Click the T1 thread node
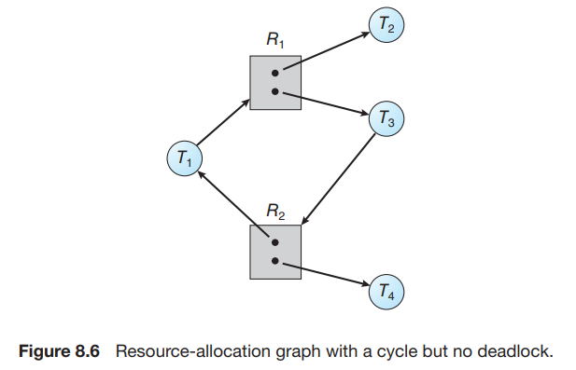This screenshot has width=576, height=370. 185,158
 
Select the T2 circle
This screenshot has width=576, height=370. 386,24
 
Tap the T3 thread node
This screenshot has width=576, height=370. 386,118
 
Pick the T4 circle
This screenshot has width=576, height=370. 386,292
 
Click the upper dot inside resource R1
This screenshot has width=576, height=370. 274,74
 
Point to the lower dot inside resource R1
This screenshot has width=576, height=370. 274,91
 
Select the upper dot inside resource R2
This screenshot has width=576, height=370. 274,242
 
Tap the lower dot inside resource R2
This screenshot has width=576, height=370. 274,261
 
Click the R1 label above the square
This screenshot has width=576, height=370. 275,39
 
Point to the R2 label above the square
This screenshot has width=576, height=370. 275,212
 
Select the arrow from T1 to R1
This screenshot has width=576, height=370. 223,122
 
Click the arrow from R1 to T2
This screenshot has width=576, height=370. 327,50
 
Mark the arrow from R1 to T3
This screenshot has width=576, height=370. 326,104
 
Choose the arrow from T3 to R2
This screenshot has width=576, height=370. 338,179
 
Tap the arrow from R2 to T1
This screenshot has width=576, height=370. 232,203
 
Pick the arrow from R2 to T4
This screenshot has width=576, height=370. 326,274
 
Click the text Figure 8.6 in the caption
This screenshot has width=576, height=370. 59,351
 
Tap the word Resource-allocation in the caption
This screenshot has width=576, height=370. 194,351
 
